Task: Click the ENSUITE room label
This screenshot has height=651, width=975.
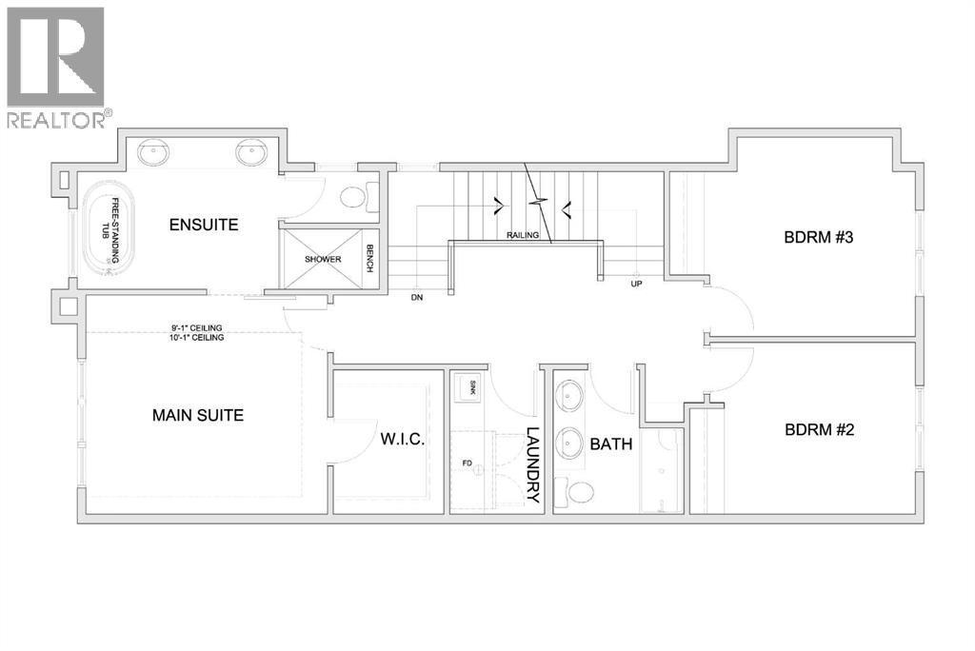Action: tap(203, 225)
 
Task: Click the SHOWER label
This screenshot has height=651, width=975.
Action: tap(323, 259)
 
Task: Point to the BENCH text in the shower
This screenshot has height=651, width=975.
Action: tap(369, 257)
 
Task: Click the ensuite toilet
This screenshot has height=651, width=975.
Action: tap(354, 198)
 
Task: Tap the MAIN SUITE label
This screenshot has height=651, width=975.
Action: tap(198, 415)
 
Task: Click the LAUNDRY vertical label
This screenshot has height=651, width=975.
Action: tap(532, 465)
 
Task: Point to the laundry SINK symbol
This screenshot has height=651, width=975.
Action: tap(467, 387)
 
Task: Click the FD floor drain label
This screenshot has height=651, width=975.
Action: tap(467, 464)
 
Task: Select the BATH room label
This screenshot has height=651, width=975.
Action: tap(607, 444)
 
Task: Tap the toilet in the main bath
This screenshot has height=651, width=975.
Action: tap(578, 492)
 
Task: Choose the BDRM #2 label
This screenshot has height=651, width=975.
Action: tap(819, 429)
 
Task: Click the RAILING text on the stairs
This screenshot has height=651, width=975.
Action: tap(523, 235)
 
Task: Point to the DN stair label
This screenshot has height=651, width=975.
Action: tap(416, 297)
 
